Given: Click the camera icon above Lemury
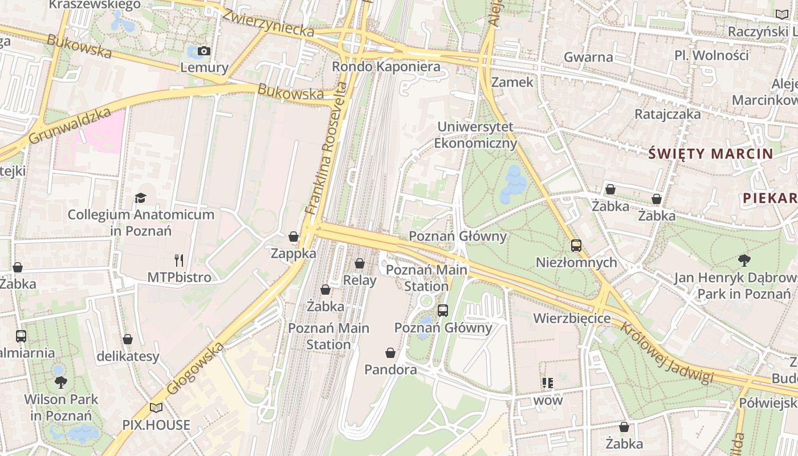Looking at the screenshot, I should pyautogui.click(x=204, y=51).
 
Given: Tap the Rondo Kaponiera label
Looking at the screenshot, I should pyautogui.click(x=386, y=67).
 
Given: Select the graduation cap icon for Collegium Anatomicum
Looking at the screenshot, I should pyautogui.click(x=140, y=198).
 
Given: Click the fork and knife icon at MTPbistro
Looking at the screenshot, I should pyautogui.click(x=179, y=260).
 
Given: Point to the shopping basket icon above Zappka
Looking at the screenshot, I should pyautogui.click(x=294, y=237).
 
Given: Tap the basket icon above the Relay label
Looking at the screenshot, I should pyautogui.click(x=360, y=263).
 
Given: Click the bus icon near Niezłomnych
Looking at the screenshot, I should pyautogui.click(x=576, y=246).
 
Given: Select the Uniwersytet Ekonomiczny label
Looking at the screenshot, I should pyautogui.click(x=475, y=135).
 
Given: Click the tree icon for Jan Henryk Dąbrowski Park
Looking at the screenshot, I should pyautogui.click(x=744, y=260).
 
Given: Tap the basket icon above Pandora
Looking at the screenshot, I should pyautogui.click(x=390, y=353).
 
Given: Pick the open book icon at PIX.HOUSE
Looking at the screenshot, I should pyautogui.click(x=156, y=408).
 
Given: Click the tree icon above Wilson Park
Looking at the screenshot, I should pyautogui.click(x=60, y=382).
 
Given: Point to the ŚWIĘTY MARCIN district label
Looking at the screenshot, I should pyautogui.click(x=711, y=153).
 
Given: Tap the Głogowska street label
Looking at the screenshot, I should pyautogui.click(x=196, y=368).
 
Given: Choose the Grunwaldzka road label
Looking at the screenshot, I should pyautogui.click(x=69, y=127).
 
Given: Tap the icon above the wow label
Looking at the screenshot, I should pyautogui.click(x=548, y=382).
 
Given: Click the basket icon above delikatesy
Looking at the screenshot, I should pyautogui.click(x=128, y=339).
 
